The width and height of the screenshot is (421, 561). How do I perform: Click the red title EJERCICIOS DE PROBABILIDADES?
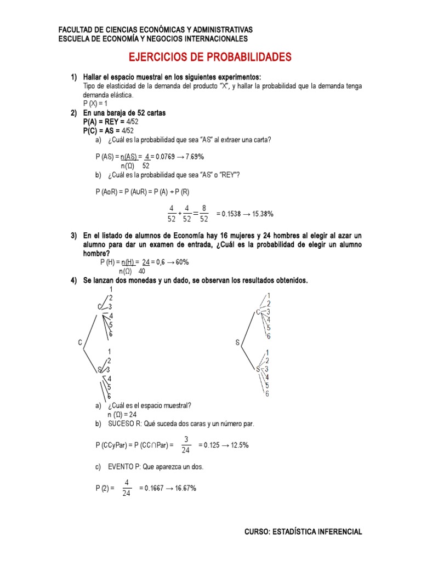pos(210,57)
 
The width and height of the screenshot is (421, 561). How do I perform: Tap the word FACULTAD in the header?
pos(76,30)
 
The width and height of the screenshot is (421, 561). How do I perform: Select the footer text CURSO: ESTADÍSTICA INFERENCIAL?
pos(303,531)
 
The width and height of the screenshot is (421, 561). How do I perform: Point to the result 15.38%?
pos(261,214)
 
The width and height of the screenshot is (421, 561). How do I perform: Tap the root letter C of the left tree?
pos(80,342)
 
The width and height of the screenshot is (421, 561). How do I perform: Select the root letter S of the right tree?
pos(238,342)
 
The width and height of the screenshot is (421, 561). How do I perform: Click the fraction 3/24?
pos(186,445)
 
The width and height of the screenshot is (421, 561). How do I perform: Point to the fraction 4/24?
pos(127,488)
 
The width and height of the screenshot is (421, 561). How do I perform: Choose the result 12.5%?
pos(237,445)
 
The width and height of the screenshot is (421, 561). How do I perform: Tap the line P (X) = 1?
pos(96,103)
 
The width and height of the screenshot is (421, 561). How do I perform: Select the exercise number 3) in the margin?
pos(73,236)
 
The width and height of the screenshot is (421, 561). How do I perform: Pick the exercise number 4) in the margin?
pos(73,280)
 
